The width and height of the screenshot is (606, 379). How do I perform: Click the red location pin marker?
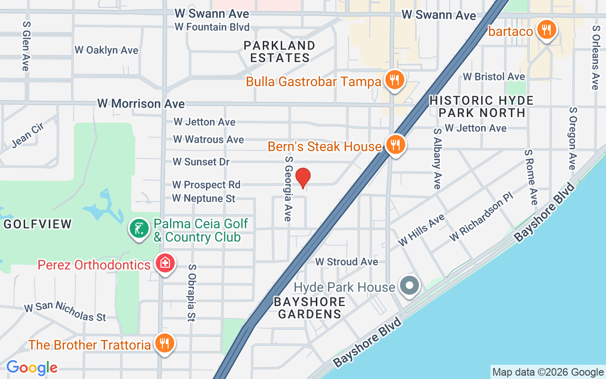pyautogui.click(x=303, y=178)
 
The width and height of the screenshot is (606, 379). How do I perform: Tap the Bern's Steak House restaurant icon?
pyautogui.click(x=394, y=144)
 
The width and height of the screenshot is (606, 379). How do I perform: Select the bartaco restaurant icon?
pyautogui.click(x=546, y=30)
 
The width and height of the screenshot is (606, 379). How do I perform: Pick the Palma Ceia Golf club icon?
pyautogui.click(x=139, y=229)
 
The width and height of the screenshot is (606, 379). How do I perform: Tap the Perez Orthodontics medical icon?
pyautogui.click(x=165, y=263)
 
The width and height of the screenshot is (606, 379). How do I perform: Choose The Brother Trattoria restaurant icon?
pyautogui.click(x=164, y=343)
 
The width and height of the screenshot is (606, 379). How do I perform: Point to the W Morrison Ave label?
pyautogui.click(x=141, y=103)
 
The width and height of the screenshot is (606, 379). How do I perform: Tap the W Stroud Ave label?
pyautogui.click(x=347, y=262)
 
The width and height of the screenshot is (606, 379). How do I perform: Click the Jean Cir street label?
pyautogui.click(x=27, y=135)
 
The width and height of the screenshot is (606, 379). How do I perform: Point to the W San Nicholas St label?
pyautogui.click(x=65, y=311)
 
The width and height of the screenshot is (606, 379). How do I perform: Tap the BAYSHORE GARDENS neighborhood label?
pyautogui.click(x=310, y=308)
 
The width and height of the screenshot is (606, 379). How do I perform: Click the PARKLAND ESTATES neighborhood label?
pyautogui.click(x=279, y=52)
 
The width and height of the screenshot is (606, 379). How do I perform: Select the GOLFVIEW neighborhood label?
pyautogui.click(x=37, y=224)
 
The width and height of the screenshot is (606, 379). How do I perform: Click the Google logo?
pyautogui.click(x=32, y=367)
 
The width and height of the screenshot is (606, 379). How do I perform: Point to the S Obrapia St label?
pyautogui.click(x=191, y=293)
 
